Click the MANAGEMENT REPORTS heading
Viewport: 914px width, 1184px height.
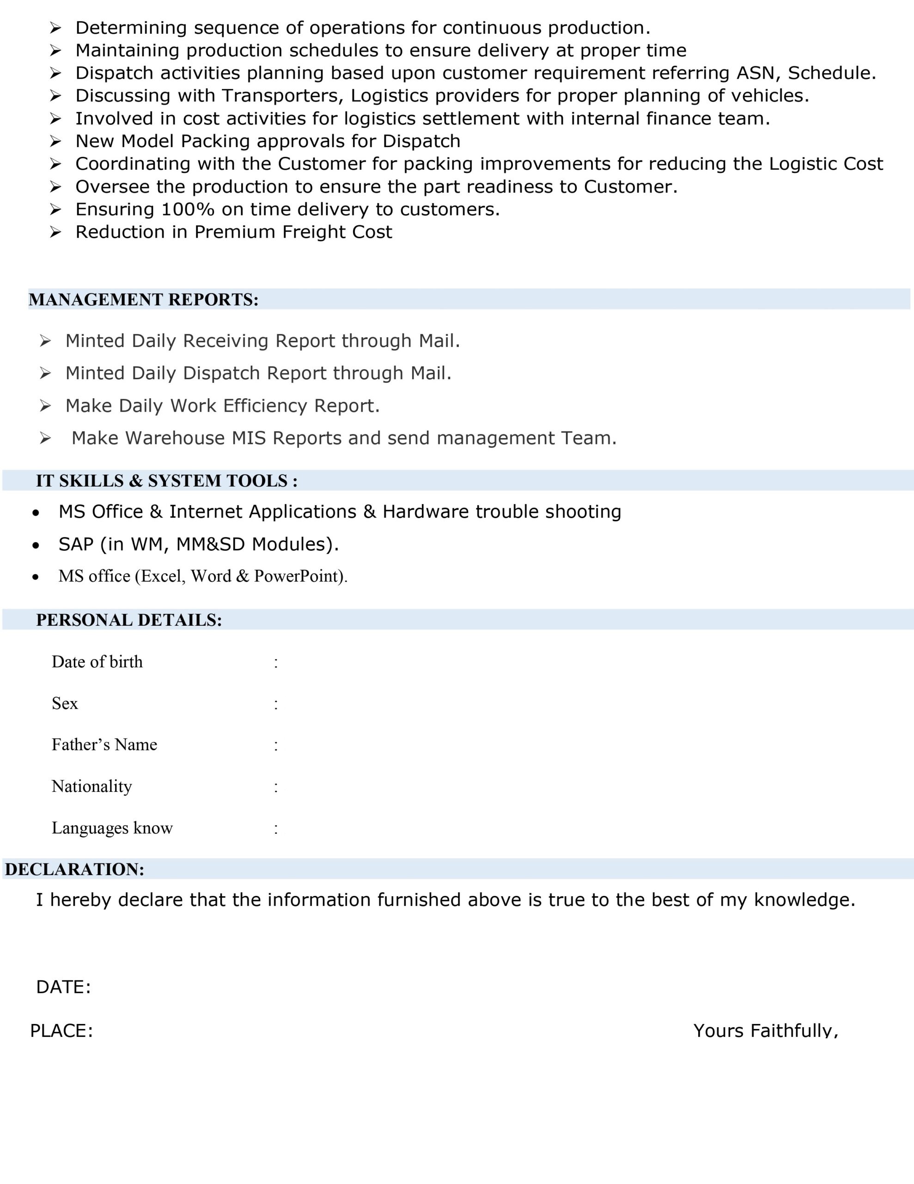[144, 300]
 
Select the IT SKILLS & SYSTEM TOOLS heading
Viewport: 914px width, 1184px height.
[167, 481]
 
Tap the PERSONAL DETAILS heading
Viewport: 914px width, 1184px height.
[129, 620]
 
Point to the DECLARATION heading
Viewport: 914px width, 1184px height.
[75, 869]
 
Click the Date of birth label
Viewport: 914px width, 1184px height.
[97, 662]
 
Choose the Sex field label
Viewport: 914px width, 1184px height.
[65, 703]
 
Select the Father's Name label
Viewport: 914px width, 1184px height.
[104, 745]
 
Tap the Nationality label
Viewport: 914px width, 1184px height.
[91, 787]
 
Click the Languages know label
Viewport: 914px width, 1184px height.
[112, 828]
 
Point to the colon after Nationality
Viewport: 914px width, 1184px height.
[276, 787]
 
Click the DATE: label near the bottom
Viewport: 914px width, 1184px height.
[63, 987]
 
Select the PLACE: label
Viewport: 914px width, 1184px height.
[61, 1031]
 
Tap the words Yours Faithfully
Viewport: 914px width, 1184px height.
[766, 1031]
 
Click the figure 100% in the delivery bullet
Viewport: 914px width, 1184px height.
[188, 209]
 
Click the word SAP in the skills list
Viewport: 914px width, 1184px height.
[76, 544]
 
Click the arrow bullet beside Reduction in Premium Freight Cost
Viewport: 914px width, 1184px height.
[55, 232]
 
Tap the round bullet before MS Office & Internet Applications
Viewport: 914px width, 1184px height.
[36, 512]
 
